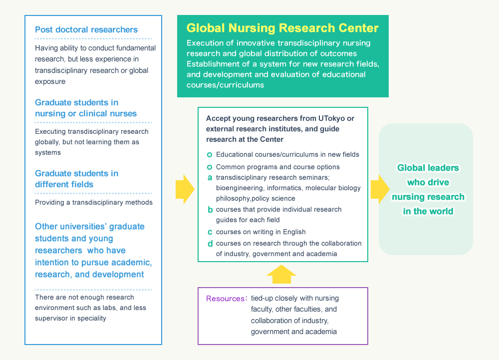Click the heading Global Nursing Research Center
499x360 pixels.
(282, 27)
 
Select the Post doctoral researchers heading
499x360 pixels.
(86, 29)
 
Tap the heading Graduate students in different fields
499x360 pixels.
(76, 179)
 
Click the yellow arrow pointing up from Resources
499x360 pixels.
(281, 274)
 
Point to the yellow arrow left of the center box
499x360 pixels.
(185, 189)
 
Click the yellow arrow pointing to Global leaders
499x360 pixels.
(380, 189)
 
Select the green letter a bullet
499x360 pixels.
(210, 177)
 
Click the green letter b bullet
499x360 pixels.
(210, 210)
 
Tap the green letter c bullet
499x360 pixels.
(210, 232)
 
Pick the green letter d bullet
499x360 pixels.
(210, 243)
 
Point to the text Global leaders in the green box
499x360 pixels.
(428, 168)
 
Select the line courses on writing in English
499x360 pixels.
(260, 232)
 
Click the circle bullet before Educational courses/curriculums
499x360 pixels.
(210, 155)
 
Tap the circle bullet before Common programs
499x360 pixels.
(210, 167)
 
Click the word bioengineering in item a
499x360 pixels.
(239, 188)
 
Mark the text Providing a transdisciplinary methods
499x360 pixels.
(93, 203)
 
